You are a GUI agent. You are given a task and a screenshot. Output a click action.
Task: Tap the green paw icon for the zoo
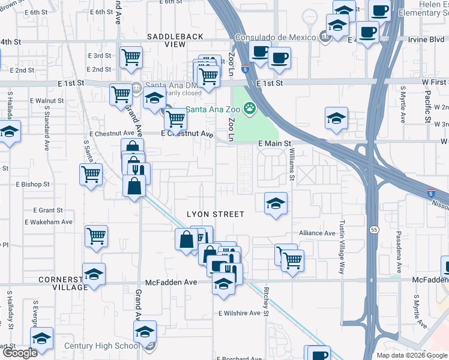pyautogui.click(x=249, y=109)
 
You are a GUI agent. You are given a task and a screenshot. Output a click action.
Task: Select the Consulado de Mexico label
pyautogui.click(x=275, y=37)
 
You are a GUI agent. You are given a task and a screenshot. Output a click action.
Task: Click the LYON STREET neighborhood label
pyautogui.click(x=215, y=214)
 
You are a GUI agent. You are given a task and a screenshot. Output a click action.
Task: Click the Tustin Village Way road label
pyautogui.click(x=343, y=247)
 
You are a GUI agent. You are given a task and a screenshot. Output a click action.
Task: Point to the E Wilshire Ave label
pyautogui.click(x=240, y=313)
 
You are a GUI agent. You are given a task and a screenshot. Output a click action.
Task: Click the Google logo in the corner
pyautogui.click(x=20, y=353)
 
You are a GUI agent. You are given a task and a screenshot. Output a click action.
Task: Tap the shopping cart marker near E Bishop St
pyautogui.click(x=91, y=174)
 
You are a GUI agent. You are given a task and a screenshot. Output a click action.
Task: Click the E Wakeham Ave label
pyautogui.click(x=49, y=222)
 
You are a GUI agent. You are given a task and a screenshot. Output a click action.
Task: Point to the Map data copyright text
pyautogui.click(x=412, y=355)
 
